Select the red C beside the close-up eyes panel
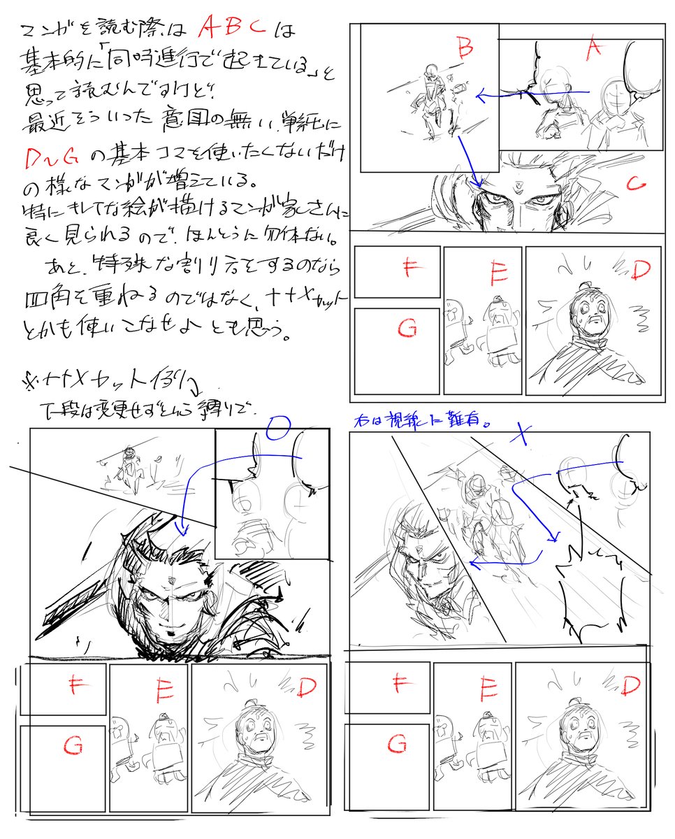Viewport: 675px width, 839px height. click(x=634, y=184)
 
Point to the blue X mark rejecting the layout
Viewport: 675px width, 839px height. click(x=518, y=434)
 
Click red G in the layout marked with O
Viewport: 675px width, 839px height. click(x=73, y=747)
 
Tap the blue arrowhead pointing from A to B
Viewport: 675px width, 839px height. click(x=478, y=94)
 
